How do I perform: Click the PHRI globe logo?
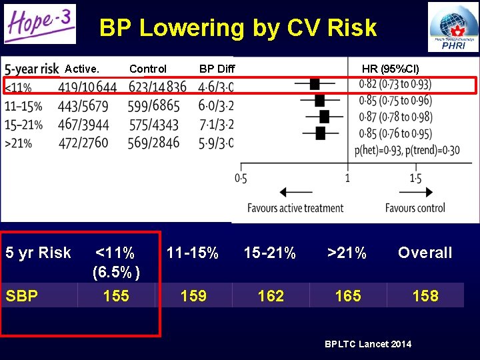point(453,27)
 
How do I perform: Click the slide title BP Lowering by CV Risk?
point(238,28)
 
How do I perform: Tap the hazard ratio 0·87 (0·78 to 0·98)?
point(395,117)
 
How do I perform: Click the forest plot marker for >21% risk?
point(320,133)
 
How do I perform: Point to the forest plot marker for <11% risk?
point(315,84)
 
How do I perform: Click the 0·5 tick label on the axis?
point(241,179)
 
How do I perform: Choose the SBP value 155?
point(116,296)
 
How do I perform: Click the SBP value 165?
point(348,296)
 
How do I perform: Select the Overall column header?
point(425,253)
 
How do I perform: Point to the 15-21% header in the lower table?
point(271,253)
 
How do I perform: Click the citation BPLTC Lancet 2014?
point(368,344)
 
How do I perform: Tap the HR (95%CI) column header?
point(391,69)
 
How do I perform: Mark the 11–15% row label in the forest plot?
point(23,105)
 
